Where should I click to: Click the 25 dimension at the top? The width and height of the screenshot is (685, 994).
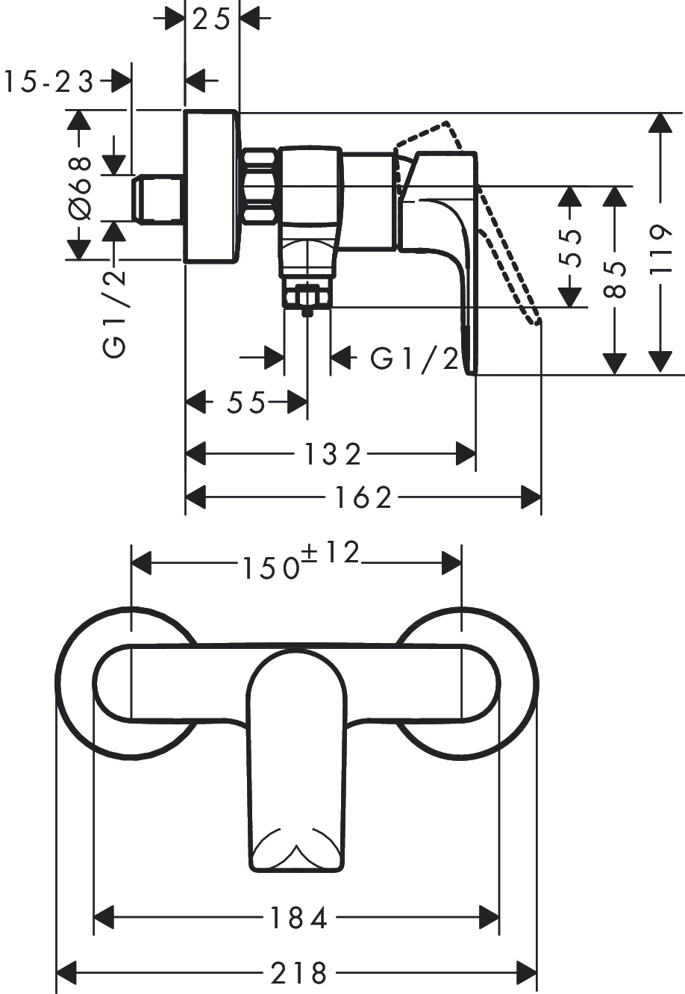coord(211,19)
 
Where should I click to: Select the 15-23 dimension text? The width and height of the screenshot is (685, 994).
coord(49,81)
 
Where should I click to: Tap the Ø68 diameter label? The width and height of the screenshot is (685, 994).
coord(80,188)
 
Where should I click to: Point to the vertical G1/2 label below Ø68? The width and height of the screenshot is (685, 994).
coord(114,314)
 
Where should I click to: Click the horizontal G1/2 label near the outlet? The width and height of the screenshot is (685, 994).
coord(416,359)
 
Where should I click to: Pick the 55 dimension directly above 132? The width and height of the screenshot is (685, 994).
coord(245,403)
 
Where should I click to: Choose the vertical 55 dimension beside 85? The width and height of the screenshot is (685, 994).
coord(571,246)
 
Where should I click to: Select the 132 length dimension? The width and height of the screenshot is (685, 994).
coord(333,453)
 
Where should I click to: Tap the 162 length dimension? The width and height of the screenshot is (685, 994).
coord(363,497)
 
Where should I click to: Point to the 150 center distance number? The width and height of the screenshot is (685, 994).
coord(269,568)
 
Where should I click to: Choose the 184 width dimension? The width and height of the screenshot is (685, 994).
coord(297,918)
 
